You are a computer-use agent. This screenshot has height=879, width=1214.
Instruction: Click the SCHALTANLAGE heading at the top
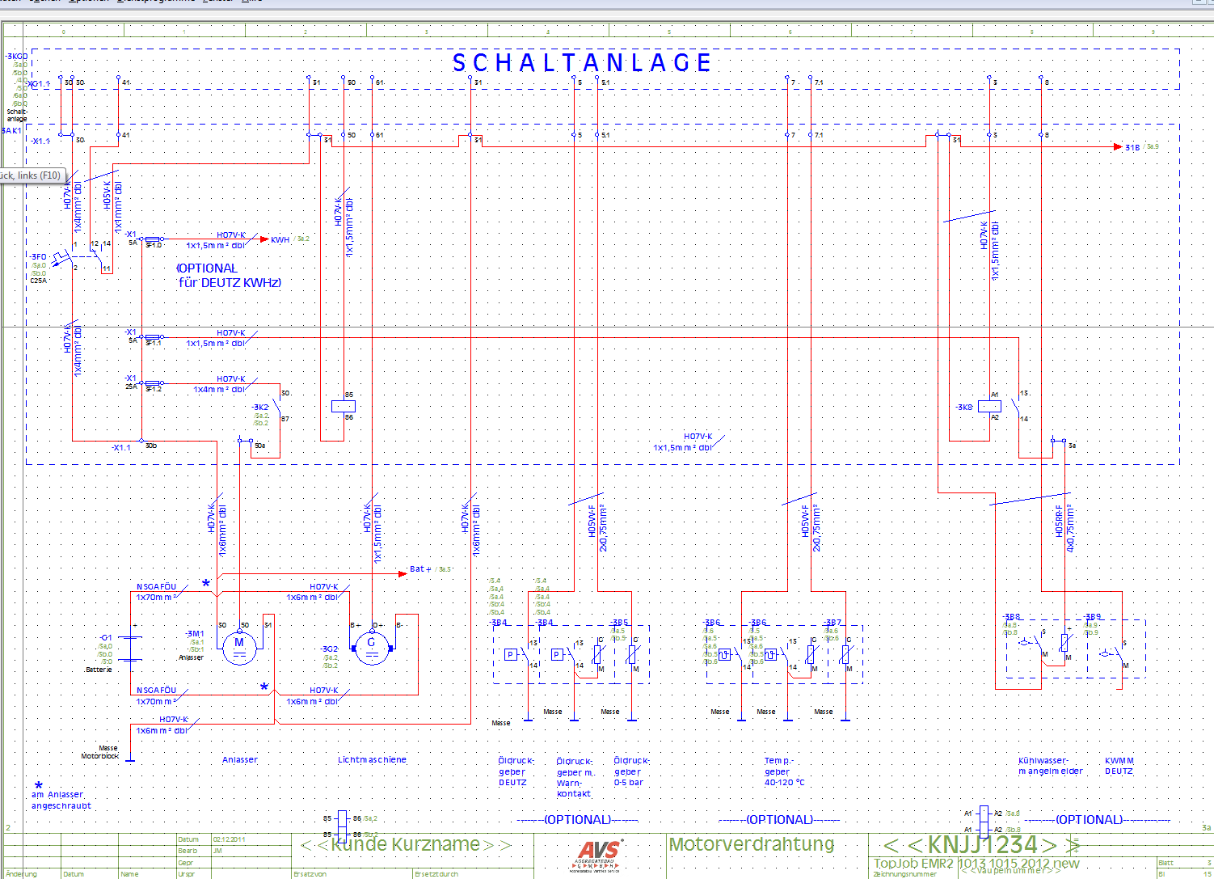[582, 62]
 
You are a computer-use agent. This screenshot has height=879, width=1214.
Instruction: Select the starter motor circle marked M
[239, 644]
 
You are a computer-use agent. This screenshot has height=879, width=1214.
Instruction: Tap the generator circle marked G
[372, 644]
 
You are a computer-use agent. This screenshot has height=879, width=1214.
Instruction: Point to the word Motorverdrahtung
[752, 844]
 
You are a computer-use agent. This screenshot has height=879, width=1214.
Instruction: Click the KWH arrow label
[280, 239]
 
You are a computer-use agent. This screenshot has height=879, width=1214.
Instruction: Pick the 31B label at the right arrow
[1132, 147]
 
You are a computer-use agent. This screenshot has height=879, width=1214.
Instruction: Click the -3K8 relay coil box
[989, 407]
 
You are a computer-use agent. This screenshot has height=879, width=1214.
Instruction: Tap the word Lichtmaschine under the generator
[372, 760]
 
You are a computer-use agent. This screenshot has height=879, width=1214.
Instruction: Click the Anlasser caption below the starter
[240, 760]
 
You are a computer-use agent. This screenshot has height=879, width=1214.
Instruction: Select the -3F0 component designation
[38, 256]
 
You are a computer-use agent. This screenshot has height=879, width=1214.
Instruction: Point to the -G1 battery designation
[106, 638]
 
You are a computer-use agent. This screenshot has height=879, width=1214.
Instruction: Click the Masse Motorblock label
[100, 752]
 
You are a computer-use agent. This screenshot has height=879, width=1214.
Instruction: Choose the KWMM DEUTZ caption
[1119, 766]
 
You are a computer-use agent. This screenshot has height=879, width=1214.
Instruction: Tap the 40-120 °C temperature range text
[784, 783]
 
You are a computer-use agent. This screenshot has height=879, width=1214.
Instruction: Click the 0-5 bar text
[629, 783]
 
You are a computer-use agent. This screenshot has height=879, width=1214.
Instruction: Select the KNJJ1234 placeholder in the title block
[981, 845]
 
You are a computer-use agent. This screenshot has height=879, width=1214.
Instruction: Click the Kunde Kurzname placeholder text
[406, 845]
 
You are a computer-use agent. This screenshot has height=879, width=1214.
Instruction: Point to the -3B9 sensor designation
[1093, 617]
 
